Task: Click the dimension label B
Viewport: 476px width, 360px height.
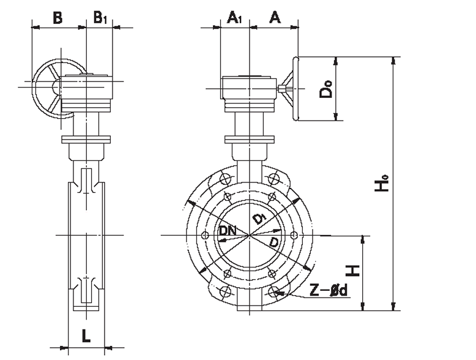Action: [57, 18]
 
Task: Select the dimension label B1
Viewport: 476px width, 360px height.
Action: [100, 18]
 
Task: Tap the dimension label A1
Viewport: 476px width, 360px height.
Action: [235, 18]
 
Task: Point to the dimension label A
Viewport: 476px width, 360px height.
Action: [275, 18]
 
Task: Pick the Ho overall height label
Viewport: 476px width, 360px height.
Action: [384, 184]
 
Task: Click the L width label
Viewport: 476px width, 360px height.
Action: [86, 336]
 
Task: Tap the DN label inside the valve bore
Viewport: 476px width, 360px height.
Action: [228, 231]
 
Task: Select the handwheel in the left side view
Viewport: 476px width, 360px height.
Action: [50, 88]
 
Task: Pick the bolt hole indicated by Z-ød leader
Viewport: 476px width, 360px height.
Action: [273, 291]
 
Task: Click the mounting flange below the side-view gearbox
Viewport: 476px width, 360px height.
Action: [86, 140]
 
